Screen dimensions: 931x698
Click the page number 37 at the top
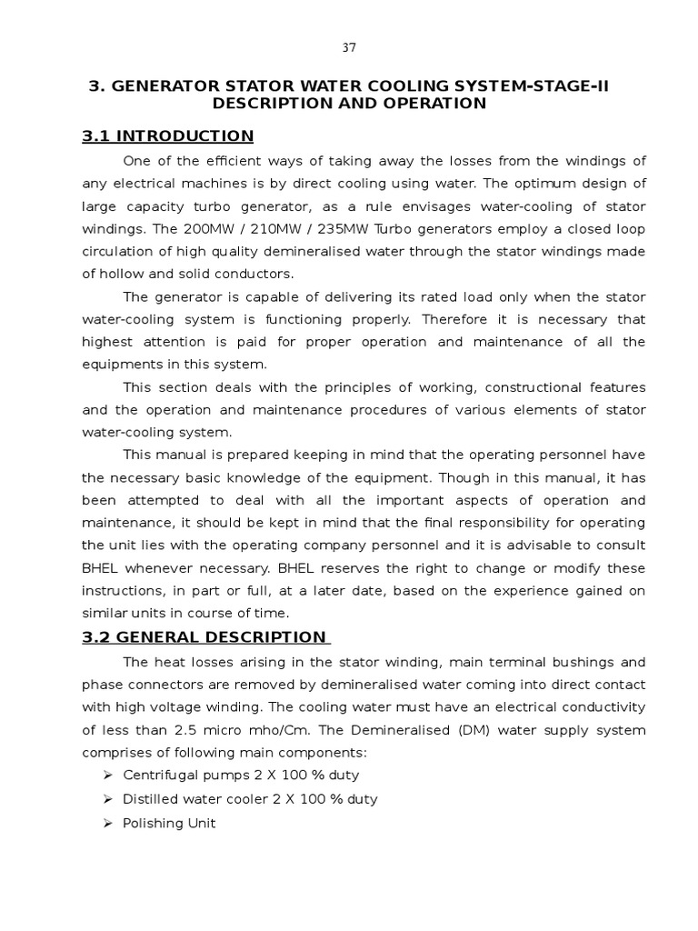pos(349,47)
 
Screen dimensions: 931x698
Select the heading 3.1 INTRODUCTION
pos(168,136)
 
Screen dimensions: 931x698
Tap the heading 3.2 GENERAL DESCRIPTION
pos(204,636)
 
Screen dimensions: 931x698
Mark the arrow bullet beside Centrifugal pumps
pos(108,776)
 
